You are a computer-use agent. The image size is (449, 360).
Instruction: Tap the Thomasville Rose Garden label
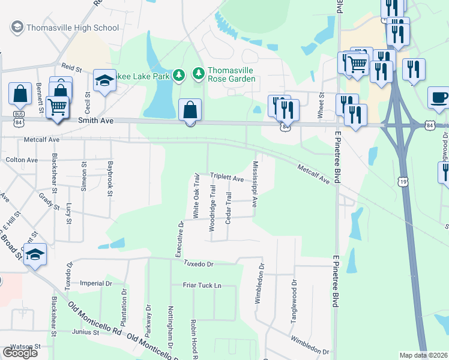tap(231, 74)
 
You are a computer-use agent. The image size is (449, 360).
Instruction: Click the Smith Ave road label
tap(95, 121)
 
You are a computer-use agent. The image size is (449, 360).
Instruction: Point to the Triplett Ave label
tap(227, 178)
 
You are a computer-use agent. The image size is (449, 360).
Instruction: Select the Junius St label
tap(85, 332)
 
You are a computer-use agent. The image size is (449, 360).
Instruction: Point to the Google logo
tap(20, 353)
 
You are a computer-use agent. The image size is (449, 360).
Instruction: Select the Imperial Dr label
tap(96, 283)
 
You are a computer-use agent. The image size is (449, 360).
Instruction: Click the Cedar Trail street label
tap(228, 208)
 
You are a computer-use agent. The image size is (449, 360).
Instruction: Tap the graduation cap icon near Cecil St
tap(104, 82)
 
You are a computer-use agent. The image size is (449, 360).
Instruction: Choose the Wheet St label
tap(321, 106)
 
